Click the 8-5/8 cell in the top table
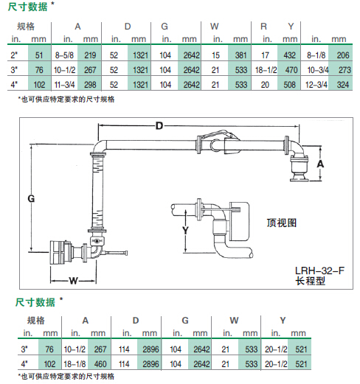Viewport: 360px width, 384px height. pos(64,55)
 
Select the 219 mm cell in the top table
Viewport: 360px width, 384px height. pos(90,55)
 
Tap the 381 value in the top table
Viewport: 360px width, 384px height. pos(240,55)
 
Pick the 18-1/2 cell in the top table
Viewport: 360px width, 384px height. pos(266,70)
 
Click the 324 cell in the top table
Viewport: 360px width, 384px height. pos(343,85)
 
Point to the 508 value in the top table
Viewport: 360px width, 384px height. pos(289,85)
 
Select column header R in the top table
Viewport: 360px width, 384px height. pos(263,27)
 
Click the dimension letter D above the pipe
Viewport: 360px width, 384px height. pos(159,126)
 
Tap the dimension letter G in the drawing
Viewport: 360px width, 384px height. pos(31,198)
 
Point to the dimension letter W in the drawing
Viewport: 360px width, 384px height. pos(73,281)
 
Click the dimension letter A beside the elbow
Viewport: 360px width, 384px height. pos(320,164)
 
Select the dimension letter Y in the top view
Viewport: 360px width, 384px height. pos(185,230)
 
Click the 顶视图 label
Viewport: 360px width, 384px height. pos(282,223)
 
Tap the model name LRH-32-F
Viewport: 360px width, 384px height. pos(319,270)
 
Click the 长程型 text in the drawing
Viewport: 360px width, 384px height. pos(310,281)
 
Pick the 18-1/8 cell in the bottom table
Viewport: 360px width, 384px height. pos(75,364)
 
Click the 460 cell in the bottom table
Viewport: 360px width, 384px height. pos(100,364)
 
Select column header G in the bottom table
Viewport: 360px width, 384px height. pos(185,321)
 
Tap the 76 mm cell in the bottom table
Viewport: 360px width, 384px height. pos(49,349)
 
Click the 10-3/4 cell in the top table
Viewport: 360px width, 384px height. pos(318,70)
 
